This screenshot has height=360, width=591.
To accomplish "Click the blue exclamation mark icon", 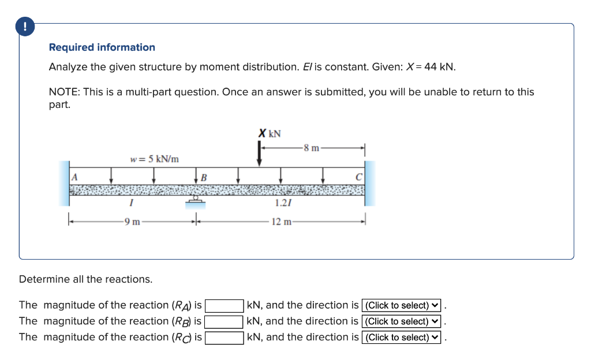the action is (x=24, y=27).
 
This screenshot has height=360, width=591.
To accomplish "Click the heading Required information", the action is (x=102, y=47).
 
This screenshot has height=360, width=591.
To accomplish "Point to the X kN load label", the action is (x=270, y=133).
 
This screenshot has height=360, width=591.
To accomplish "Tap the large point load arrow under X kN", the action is (x=259, y=154).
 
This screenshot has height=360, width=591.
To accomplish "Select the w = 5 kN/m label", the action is (x=154, y=159).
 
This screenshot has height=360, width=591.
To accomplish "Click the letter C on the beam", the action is (x=358, y=177).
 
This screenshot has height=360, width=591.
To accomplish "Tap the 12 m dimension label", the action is (x=281, y=221).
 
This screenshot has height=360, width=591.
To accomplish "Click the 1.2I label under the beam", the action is (x=283, y=202).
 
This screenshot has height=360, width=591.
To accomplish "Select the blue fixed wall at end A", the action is (x=63, y=183).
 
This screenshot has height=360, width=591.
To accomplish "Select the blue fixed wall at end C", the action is (x=370, y=183).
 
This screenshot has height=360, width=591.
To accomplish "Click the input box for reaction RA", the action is (x=224, y=305).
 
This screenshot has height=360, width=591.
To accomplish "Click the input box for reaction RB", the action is (x=224, y=321).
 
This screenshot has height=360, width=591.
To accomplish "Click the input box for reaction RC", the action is (x=224, y=337).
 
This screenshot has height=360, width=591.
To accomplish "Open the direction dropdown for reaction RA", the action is (x=401, y=305).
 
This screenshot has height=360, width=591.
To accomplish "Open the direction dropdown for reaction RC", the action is (x=401, y=337).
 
